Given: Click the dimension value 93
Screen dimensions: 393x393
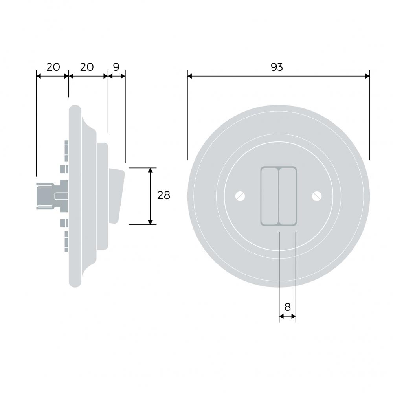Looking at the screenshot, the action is click(277, 67).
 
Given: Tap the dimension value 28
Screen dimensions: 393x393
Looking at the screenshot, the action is click(163, 195).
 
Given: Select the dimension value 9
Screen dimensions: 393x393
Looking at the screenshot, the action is click(116, 67).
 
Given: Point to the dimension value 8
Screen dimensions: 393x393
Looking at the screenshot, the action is click(288, 307).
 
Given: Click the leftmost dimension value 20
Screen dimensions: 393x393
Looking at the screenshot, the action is click(53, 67).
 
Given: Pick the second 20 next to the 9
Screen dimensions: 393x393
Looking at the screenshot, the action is click(87, 67).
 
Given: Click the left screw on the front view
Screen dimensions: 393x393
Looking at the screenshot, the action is click(240, 196).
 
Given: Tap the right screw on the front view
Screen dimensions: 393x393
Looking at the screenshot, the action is click(317, 196).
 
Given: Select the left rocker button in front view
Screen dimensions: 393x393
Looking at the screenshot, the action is click(270, 196).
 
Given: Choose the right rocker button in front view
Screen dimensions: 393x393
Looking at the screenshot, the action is click(288, 196).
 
